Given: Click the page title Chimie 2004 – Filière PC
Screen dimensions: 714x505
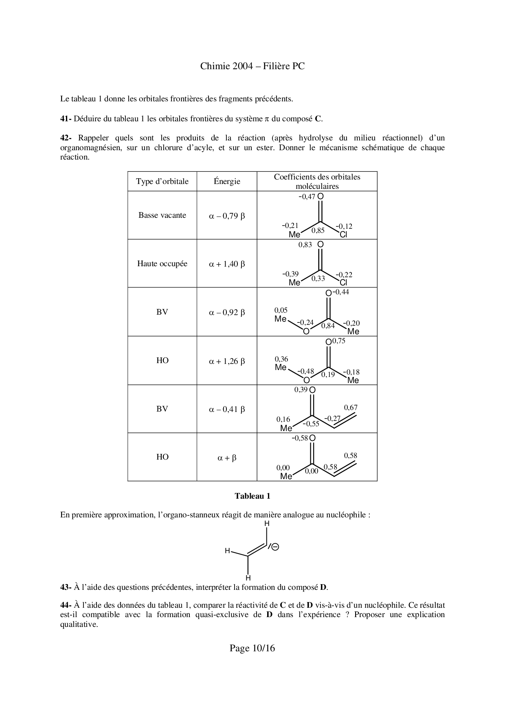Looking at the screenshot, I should [x=252, y=66].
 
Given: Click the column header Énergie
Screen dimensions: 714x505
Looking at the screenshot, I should [x=227, y=182].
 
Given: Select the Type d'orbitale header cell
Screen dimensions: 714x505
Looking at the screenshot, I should [x=162, y=182].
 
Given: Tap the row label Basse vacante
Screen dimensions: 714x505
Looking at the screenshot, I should [x=162, y=215].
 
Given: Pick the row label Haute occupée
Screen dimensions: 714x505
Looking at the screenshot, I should [x=162, y=264].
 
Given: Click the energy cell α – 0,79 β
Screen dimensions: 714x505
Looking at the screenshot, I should [x=227, y=216].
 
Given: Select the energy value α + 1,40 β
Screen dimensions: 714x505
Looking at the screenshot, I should [x=227, y=264].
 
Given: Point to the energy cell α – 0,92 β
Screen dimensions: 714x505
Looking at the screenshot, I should [x=227, y=313].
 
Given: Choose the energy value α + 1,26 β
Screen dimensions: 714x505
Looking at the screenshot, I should [x=227, y=361].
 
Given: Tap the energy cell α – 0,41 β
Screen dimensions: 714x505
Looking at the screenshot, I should [x=227, y=410].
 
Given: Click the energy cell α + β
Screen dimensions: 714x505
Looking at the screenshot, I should [x=227, y=458].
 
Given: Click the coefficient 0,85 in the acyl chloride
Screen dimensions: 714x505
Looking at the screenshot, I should [x=318, y=231].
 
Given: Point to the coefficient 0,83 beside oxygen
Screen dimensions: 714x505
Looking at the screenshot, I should [x=305, y=245].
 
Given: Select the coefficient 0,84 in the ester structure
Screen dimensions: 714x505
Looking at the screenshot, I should [x=328, y=326].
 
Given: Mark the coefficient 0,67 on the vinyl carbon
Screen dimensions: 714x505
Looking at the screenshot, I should [x=351, y=407].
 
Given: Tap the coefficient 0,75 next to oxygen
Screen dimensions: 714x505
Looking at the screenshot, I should [x=338, y=341].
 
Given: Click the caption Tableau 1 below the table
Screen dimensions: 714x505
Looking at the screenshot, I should [x=252, y=496].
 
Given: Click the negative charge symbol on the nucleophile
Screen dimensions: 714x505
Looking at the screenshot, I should [x=275, y=547].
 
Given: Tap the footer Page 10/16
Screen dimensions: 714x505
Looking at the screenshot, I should [x=252, y=648].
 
